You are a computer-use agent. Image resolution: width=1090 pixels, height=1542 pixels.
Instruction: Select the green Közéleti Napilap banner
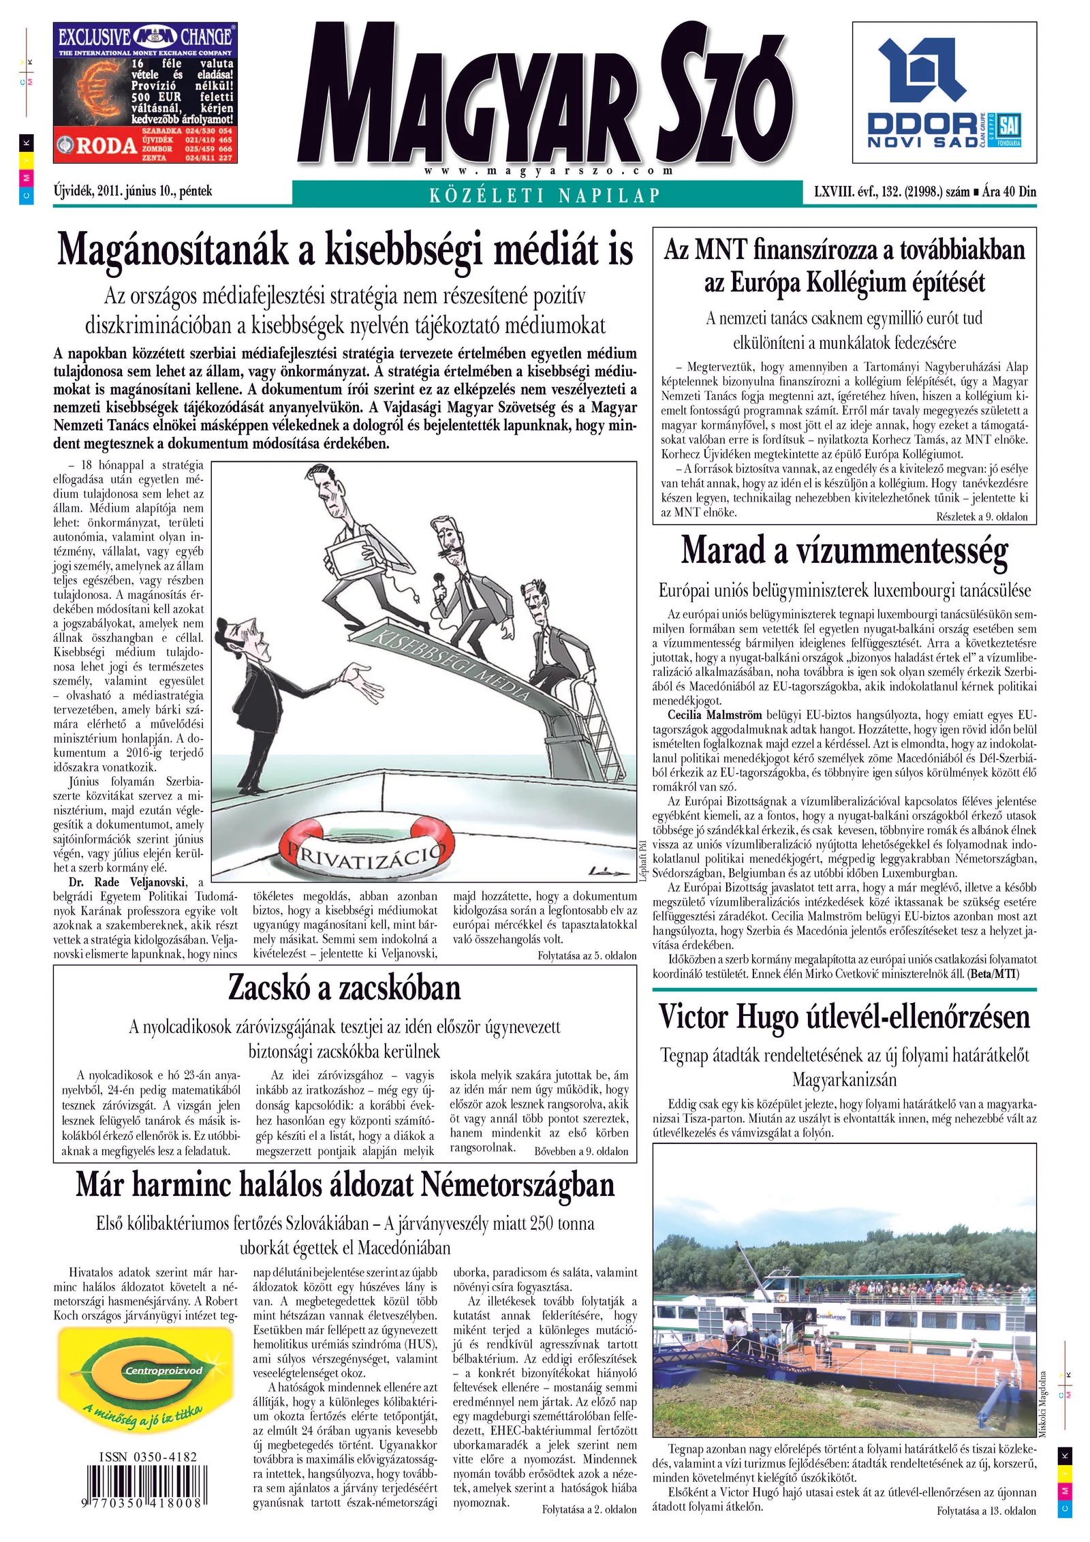(545, 196)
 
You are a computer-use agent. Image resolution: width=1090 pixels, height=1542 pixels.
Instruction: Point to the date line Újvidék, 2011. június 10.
(133, 191)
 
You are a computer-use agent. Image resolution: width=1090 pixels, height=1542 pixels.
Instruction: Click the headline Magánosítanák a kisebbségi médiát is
(345, 251)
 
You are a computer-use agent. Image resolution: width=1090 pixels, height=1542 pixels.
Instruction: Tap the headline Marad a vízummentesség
(844, 551)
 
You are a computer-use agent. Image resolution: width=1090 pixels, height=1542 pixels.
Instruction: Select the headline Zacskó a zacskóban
(345, 987)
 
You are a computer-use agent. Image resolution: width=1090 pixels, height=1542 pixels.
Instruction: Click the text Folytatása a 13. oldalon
(986, 1511)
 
